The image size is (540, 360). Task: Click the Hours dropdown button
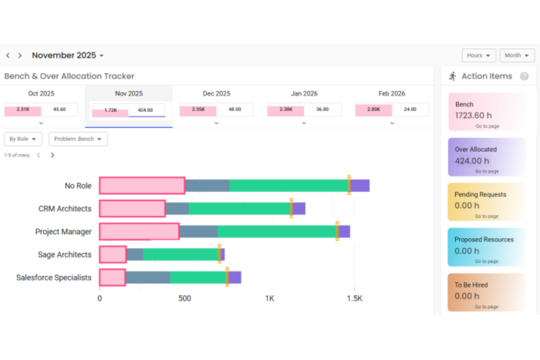(478, 55)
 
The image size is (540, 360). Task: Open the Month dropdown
(517, 55)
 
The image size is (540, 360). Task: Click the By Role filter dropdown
(23, 139)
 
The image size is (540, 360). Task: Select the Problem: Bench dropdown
(78, 139)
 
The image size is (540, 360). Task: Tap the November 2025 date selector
(67, 55)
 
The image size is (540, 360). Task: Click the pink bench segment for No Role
(142, 186)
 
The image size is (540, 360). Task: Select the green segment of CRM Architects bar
(239, 209)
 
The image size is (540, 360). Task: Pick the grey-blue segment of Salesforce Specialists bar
(148, 278)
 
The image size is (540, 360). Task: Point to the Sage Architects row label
(65, 255)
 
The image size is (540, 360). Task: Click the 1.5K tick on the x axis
(354, 298)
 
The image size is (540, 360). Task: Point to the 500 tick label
(185, 298)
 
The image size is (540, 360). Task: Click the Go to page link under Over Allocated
(487, 171)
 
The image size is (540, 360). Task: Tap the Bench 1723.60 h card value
(473, 116)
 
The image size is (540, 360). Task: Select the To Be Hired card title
(471, 285)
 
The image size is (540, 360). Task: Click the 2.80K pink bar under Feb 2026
(374, 109)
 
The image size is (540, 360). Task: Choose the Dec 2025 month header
(216, 93)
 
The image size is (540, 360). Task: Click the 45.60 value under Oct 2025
(59, 109)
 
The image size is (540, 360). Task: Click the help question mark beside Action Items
(524, 76)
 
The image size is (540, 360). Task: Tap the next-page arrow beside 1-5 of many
(53, 155)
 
